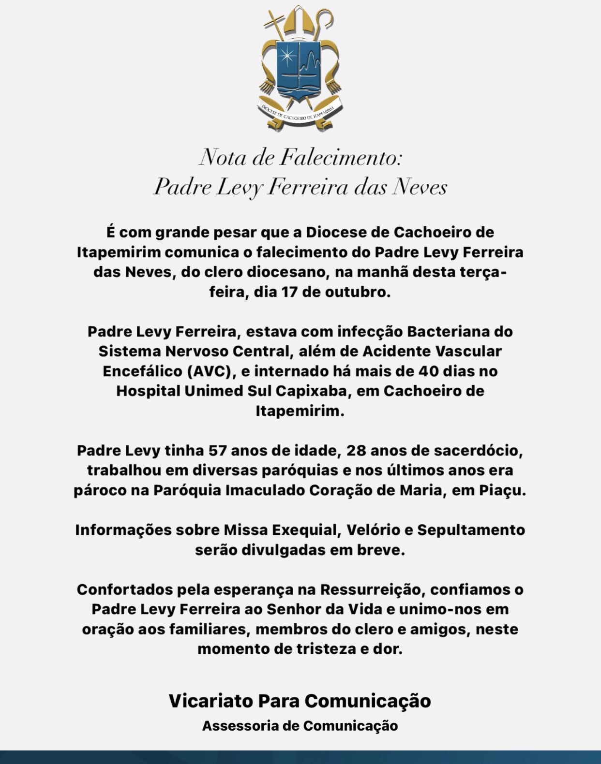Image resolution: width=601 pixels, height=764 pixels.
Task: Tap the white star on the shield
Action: click(287, 56)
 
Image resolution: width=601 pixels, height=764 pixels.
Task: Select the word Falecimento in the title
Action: click(341, 157)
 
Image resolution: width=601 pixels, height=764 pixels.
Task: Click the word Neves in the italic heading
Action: click(420, 187)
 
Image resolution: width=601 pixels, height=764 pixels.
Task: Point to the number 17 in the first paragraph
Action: click(289, 292)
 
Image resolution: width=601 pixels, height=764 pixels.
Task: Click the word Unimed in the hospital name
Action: click(214, 391)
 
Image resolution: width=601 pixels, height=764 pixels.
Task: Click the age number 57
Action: click(218, 451)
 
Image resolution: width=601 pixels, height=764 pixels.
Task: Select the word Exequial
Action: click(303, 530)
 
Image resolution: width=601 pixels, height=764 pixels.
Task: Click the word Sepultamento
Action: click(471, 530)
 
